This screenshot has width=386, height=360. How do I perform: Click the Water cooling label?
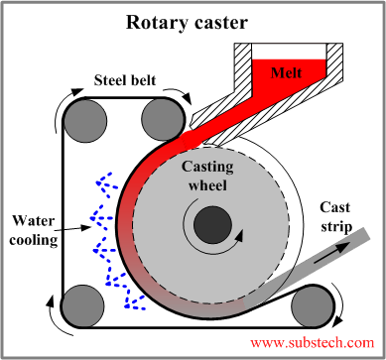36,229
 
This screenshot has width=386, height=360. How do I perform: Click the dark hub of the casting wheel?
209,224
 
